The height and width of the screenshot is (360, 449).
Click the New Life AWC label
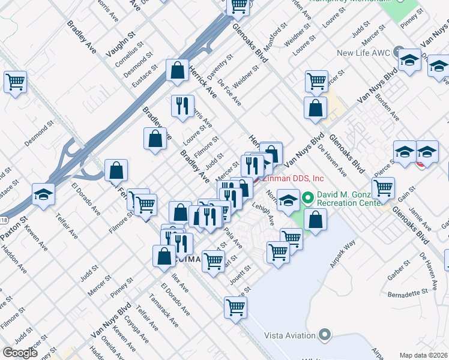(364, 53)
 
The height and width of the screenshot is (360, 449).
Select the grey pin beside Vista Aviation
(325, 334)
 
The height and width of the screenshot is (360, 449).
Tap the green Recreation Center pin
(308, 197)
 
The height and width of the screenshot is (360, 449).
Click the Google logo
(20, 353)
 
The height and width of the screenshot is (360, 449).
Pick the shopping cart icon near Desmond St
(16, 82)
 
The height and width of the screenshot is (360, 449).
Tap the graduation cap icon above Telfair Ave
(44, 194)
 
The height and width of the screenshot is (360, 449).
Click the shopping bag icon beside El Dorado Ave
(116, 170)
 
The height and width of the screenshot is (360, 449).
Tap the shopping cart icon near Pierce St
(383, 188)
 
